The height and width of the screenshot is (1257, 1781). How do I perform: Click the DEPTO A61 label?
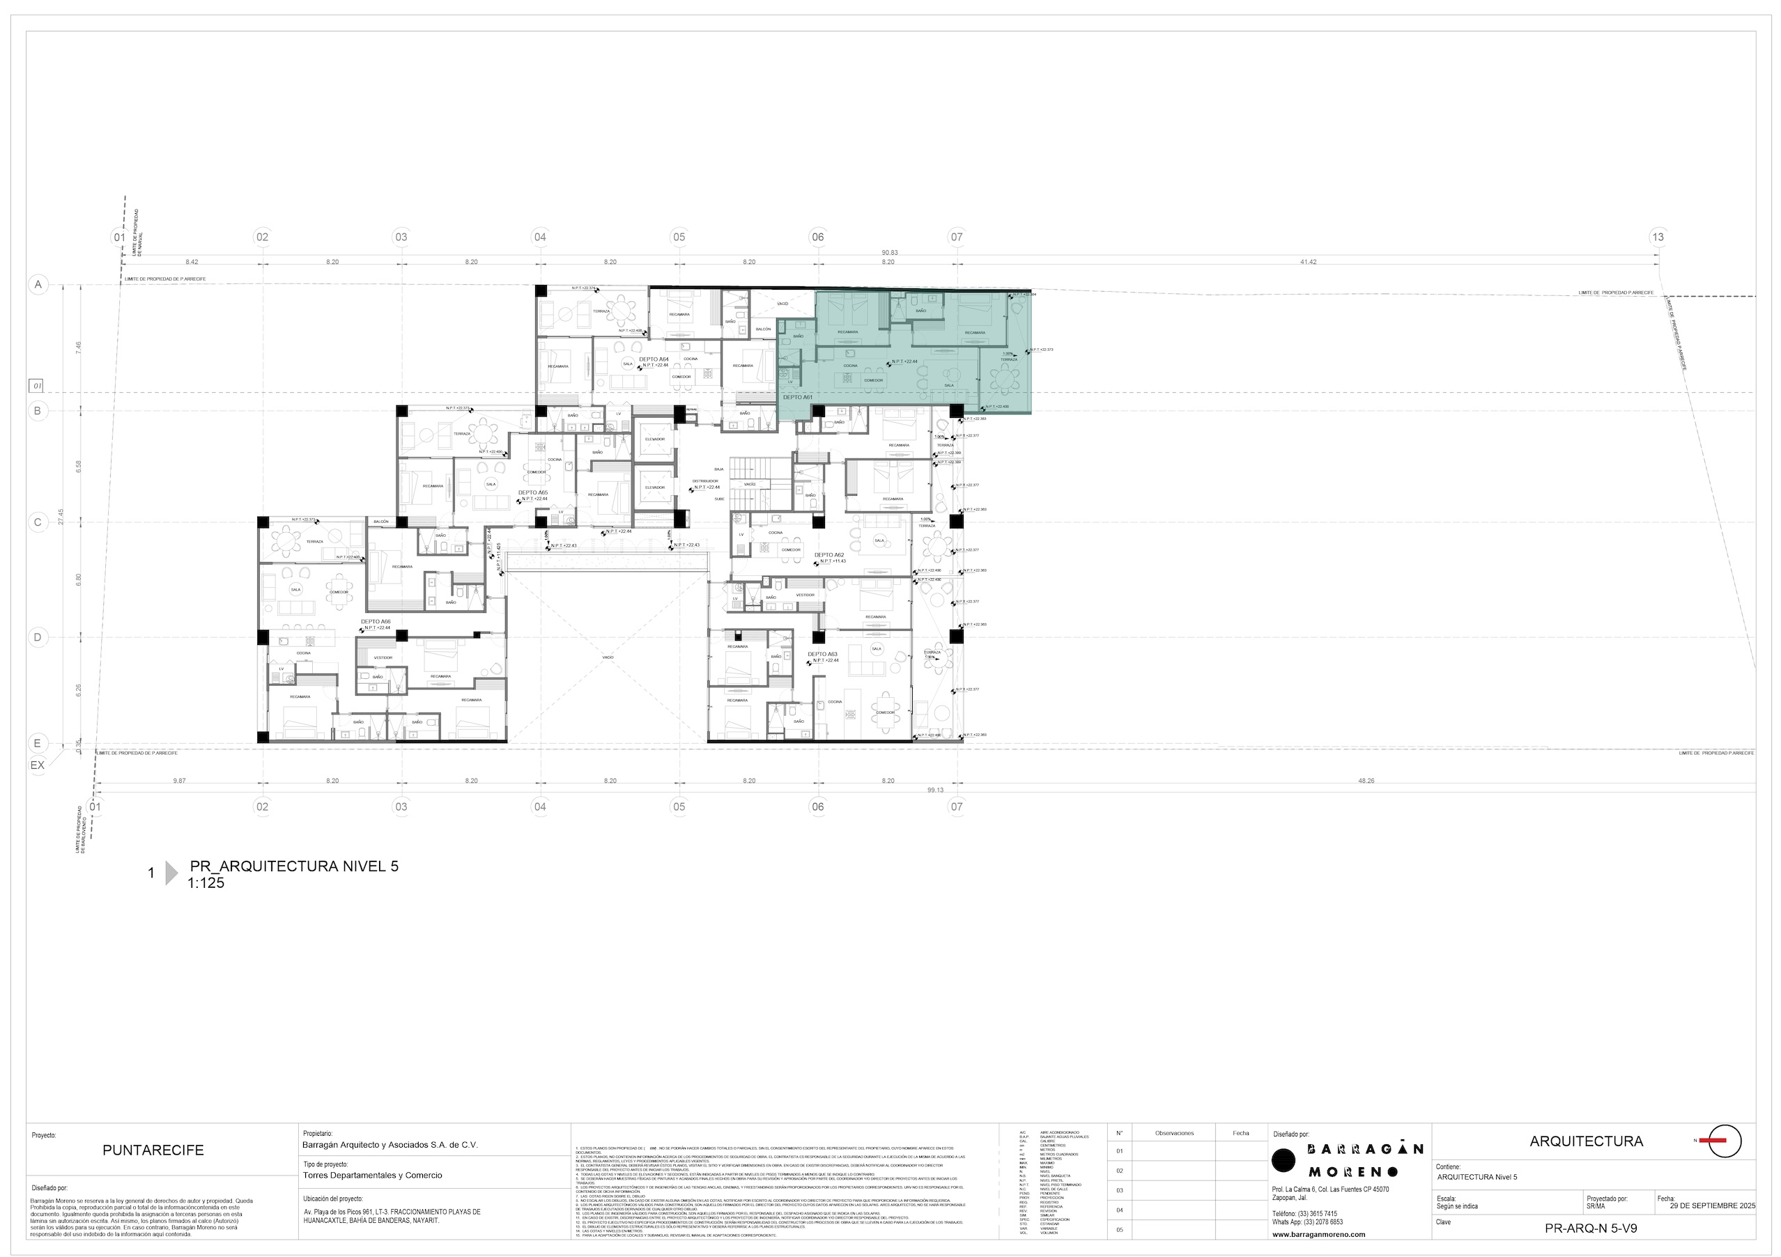click(x=796, y=397)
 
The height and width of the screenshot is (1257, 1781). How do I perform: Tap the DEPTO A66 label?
click(x=376, y=622)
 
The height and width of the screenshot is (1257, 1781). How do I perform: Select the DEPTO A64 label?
click(x=653, y=360)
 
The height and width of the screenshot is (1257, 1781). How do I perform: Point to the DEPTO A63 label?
click(x=823, y=655)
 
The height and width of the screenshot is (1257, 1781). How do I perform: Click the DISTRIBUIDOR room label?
click(x=705, y=481)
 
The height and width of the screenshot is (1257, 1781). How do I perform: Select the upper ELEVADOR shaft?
click(x=655, y=439)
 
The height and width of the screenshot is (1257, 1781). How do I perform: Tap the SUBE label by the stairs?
click(x=720, y=499)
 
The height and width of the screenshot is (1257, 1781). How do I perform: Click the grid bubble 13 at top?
click(x=1658, y=237)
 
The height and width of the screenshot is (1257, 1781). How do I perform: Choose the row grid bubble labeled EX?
click(x=37, y=765)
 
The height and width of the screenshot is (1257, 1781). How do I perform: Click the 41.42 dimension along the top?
click(x=1308, y=262)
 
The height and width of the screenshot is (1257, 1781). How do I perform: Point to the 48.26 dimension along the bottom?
click(x=1366, y=781)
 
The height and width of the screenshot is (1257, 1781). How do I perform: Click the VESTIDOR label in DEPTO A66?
click(x=383, y=657)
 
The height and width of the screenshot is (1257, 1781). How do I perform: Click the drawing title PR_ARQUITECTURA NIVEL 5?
click(x=294, y=867)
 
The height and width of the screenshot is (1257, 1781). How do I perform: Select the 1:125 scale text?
click(x=206, y=883)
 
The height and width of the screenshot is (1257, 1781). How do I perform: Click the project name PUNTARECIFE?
click(x=153, y=1150)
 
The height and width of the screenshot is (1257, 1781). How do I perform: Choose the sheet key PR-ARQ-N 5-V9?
click(x=1591, y=1229)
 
